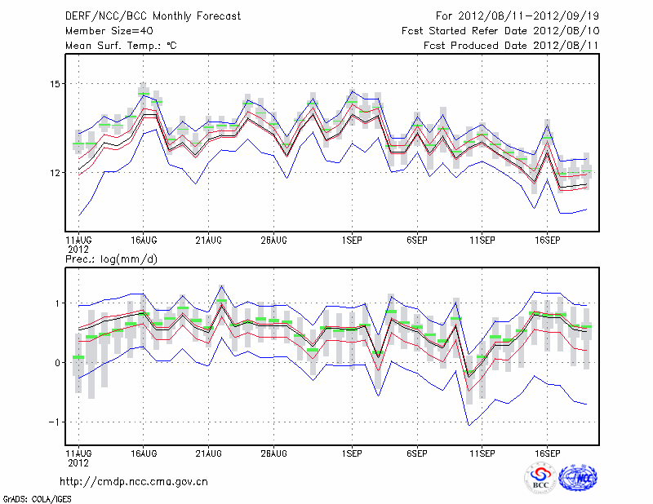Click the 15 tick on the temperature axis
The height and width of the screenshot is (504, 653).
point(56,84)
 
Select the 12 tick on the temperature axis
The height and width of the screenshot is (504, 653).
point(56,173)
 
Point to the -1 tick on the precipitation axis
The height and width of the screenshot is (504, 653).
point(55,422)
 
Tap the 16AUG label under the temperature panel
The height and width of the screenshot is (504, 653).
point(144,241)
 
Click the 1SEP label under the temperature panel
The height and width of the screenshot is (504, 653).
point(352,241)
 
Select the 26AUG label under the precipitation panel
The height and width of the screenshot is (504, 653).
point(273,452)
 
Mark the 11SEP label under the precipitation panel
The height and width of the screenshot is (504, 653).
point(482,452)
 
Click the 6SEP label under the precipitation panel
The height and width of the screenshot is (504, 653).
point(416,452)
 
